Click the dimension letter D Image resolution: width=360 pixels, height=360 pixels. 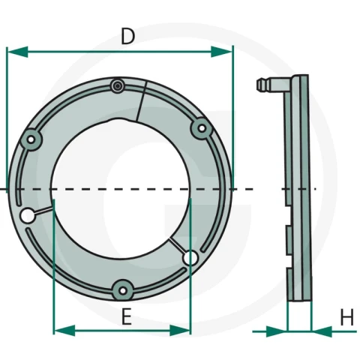pyautogui.click(x=127, y=37)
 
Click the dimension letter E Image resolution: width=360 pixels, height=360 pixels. pyautogui.click(x=127, y=316)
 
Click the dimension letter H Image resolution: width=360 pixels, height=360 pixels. pyautogui.click(x=347, y=317)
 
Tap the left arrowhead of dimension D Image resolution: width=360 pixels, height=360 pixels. pyautogui.click(x=17, y=52)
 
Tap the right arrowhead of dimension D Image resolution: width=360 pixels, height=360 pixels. pyautogui.click(x=222, y=52)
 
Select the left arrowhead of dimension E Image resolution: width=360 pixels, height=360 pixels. pyautogui.click(x=64, y=331)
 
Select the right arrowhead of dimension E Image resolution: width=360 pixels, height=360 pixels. pyautogui.click(x=180, y=331)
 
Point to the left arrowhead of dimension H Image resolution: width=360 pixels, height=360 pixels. pyautogui.click(x=277, y=331)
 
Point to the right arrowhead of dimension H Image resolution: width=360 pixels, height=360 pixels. pyautogui.click(x=322, y=331)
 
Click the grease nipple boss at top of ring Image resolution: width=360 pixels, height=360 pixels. pyautogui.click(x=118, y=86)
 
